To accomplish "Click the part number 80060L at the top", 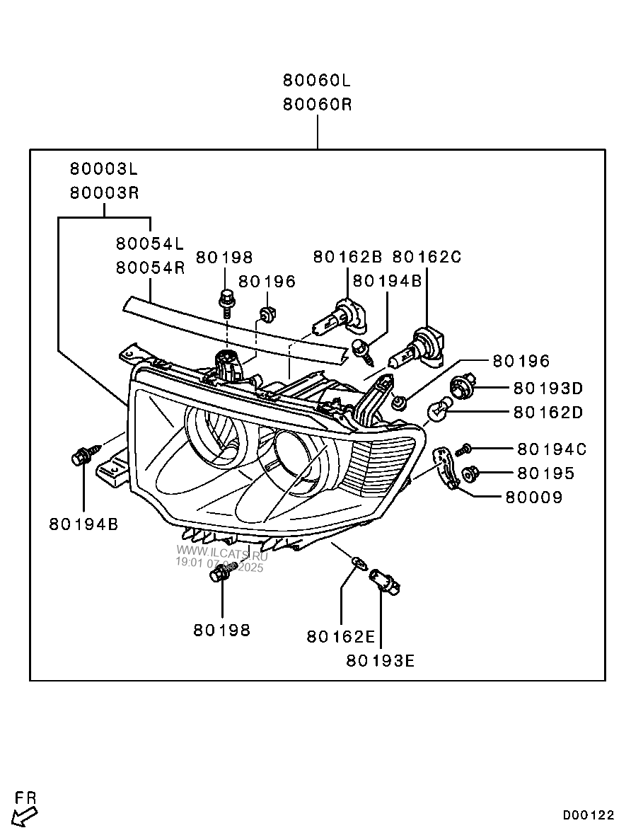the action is click(317, 81).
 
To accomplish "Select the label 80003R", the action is click(105, 193).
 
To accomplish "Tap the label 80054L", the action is click(151, 243).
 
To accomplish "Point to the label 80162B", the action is click(348, 257).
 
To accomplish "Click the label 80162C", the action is click(427, 257).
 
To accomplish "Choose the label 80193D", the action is click(548, 388).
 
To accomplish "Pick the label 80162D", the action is click(548, 412).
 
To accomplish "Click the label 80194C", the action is click(552, 449).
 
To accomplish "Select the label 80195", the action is click(545, 473).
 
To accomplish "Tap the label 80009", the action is click(534, 497).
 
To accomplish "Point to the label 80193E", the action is click(381, 661).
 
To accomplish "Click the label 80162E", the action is click(341, 636).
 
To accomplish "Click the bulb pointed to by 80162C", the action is click(417, 349).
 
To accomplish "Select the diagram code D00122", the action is click(589, 815).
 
